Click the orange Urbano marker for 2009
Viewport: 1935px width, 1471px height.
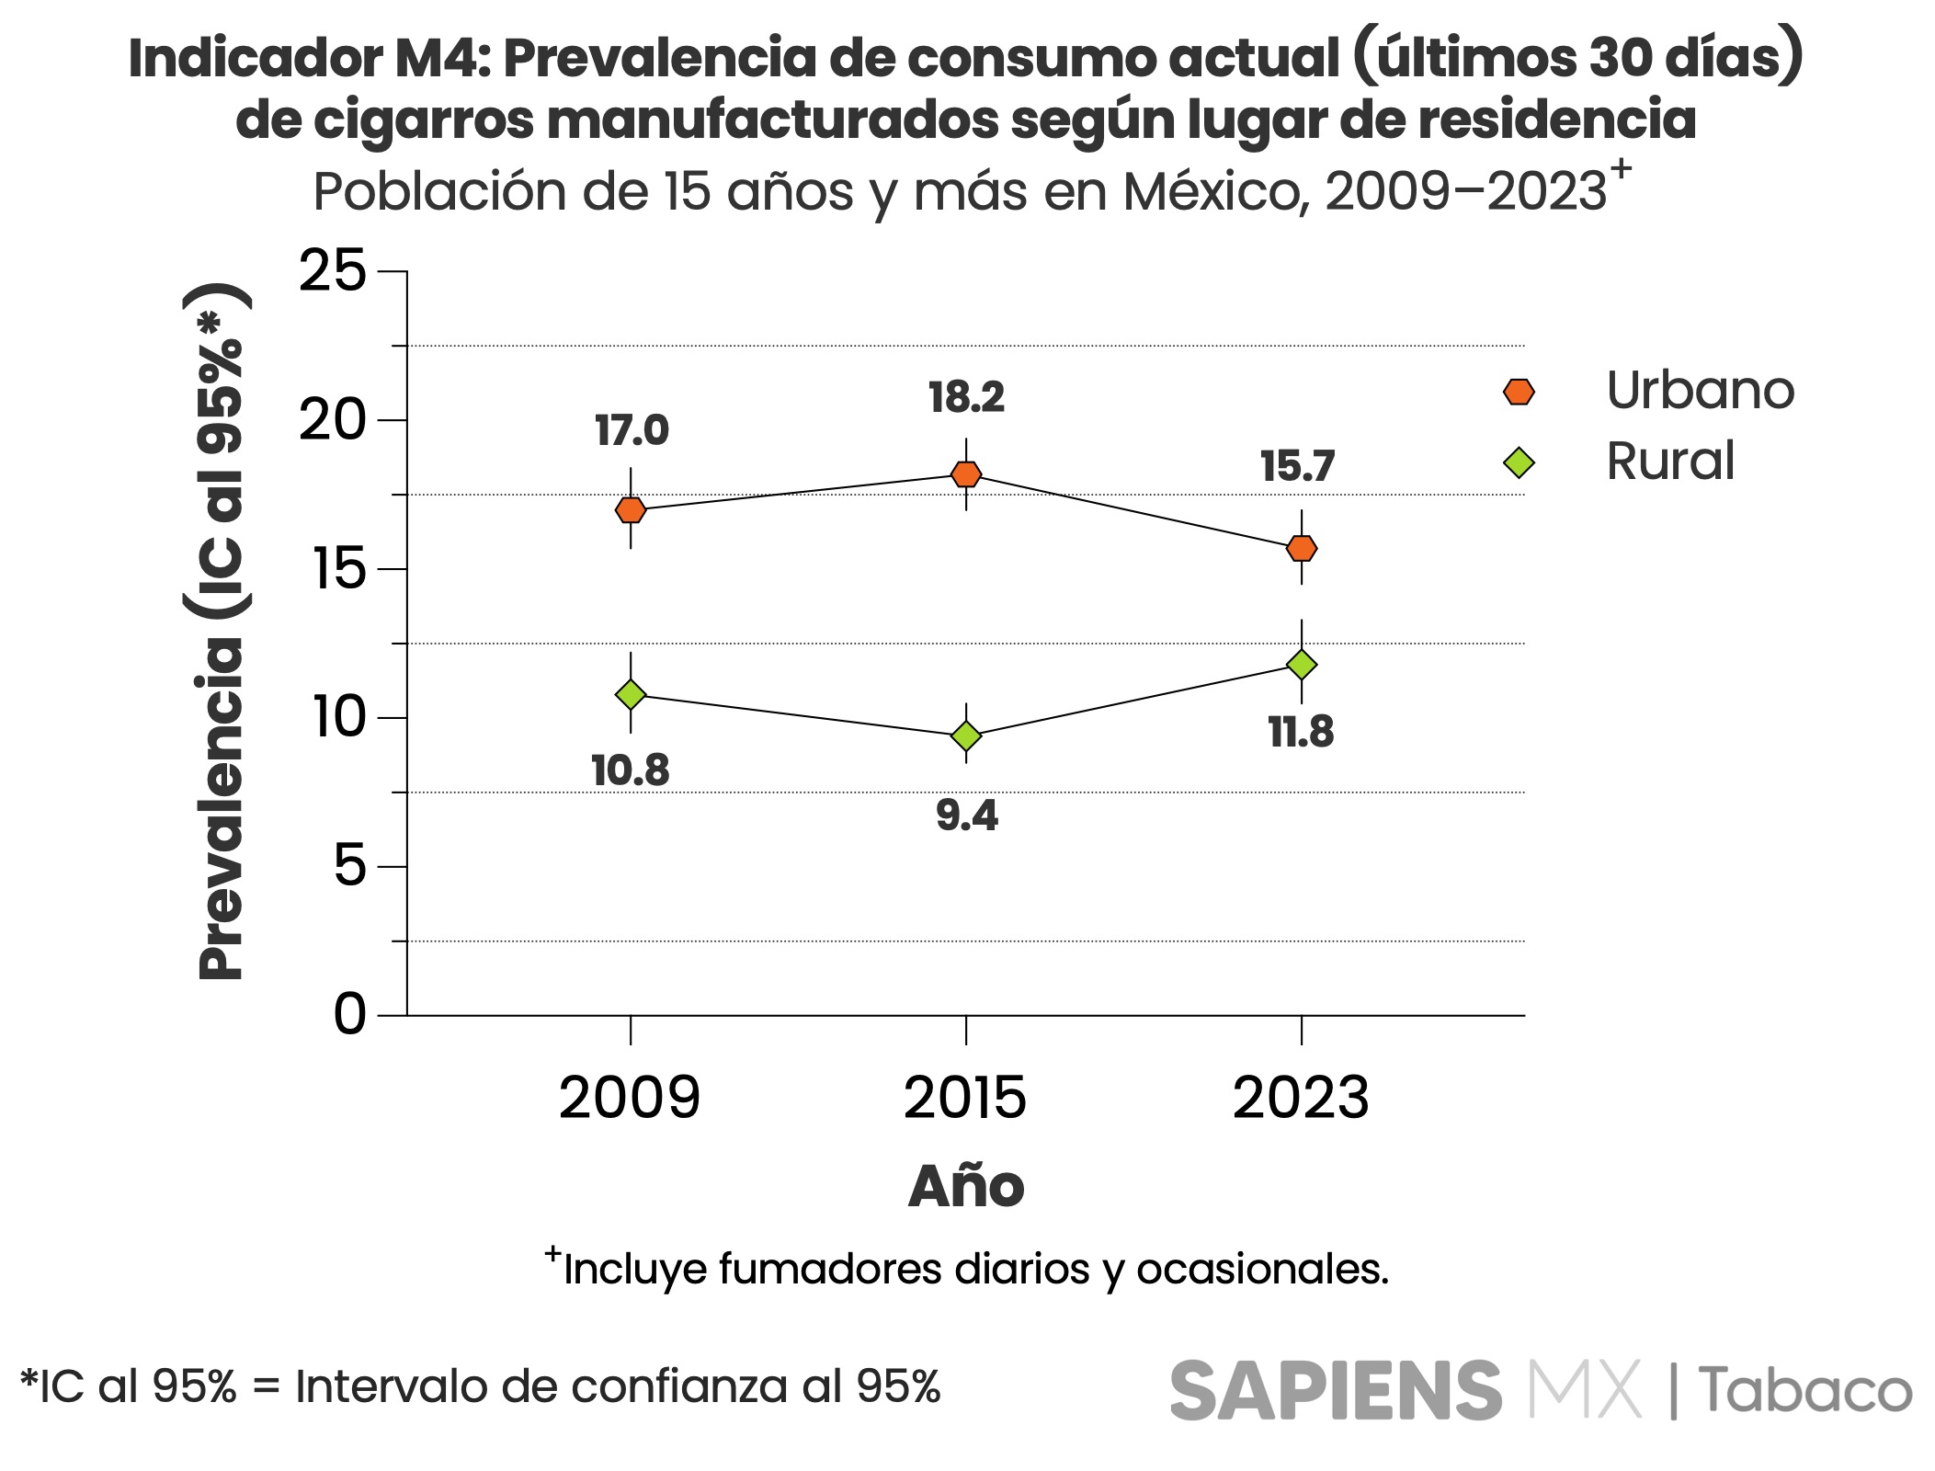(x=631, y=509)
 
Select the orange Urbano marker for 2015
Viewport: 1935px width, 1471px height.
(x=966, y=474)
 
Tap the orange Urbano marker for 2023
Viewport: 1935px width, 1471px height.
(x=1302, y=548)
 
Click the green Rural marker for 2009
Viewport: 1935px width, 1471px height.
(x=631, y=694)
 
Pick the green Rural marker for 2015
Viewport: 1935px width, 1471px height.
(x=966, y=735)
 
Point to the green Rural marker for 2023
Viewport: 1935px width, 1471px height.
(x=1302, y=664)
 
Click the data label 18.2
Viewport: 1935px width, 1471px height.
(x=966, y=397)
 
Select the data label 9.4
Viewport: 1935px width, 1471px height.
(x=967, y=815)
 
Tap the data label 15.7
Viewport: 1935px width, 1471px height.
(x=1297, y=466)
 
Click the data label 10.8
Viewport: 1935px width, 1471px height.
(x=631, y=770)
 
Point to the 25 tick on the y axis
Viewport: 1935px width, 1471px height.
(x=332, y=271)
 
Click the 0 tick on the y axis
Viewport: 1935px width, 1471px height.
(x=349, y=1015)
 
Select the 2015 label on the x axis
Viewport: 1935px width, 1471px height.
(x=965, y=1098)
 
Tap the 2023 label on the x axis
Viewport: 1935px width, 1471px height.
(x=1301, y=1098)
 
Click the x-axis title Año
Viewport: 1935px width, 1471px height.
(x=966, y=1186)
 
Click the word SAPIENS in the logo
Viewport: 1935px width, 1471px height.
(x=1336, y=1390)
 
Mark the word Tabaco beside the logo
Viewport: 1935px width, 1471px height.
(x=1804, y=1390)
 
